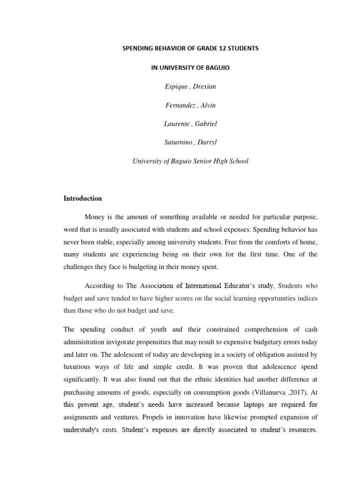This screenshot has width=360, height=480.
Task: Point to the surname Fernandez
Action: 181,105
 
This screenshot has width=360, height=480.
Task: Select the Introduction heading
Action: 82,198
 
